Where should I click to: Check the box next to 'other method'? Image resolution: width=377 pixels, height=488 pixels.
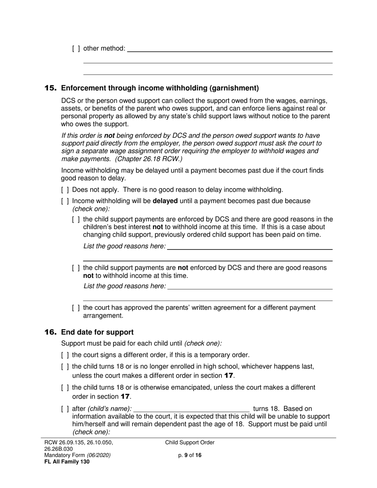tap(76, 48)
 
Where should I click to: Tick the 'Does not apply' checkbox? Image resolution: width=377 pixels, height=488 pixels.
tap(65, 190)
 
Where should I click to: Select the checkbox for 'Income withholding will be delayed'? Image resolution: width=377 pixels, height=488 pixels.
tap(65, 201)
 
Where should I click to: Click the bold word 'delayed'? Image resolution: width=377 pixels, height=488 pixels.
tap(165, 201)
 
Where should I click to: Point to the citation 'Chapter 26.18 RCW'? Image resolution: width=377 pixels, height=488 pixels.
tap(149, 159)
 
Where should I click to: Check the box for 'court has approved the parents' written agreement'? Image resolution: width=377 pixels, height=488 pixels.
tap(76, 308)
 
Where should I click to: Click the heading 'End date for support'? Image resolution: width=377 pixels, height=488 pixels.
tap(97, 332)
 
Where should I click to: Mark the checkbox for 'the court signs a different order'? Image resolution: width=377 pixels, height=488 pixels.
tap(65, 355)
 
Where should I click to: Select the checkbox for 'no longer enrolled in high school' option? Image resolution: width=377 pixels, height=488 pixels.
tap(65, 367)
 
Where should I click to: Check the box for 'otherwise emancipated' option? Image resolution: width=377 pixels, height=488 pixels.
tap(65, 387)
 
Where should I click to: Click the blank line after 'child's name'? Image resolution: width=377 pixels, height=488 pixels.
tap(192, 409)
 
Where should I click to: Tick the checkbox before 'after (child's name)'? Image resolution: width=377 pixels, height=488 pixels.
tap(65, 409)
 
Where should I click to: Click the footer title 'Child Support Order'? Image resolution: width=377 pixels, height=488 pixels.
tap(190, 443)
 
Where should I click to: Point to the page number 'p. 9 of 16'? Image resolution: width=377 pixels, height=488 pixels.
tap(190, 455)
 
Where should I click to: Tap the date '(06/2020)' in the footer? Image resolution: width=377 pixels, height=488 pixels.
tap(99, 455)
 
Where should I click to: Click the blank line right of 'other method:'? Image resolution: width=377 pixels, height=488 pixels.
tap(229, 48)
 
